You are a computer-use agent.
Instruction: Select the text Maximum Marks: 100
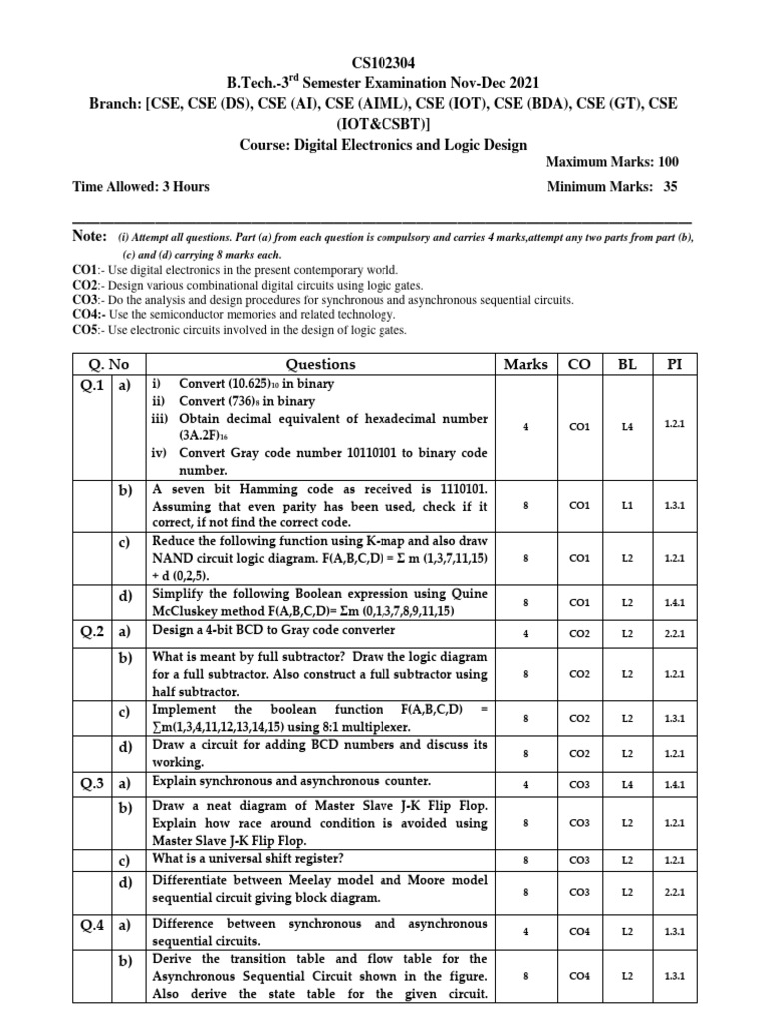[612, 162]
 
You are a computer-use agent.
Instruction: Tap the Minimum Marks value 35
[670, 186]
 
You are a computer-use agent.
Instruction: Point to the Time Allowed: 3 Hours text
[141, 186]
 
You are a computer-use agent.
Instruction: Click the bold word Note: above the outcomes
[89, 236]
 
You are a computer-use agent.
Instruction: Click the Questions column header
[320, 364]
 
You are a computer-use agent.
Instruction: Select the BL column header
[627, 364]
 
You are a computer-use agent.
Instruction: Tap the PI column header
[673, 364]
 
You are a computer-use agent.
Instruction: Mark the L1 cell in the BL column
[627, 506]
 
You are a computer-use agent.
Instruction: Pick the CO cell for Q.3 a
[580, 785]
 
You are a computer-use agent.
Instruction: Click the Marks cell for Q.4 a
[526, 931]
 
